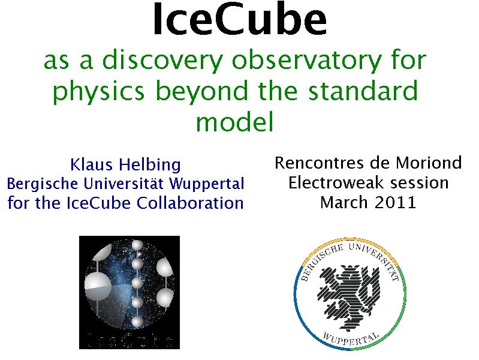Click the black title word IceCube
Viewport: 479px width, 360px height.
(240, 19)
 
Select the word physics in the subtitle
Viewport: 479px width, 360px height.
(98, 91)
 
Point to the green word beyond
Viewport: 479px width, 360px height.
(201, 91)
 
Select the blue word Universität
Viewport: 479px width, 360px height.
(125, 184)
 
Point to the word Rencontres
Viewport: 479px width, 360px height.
(332, 163)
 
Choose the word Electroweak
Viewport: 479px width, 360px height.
(336, 182)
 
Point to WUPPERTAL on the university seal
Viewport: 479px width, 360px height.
(351, 338)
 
